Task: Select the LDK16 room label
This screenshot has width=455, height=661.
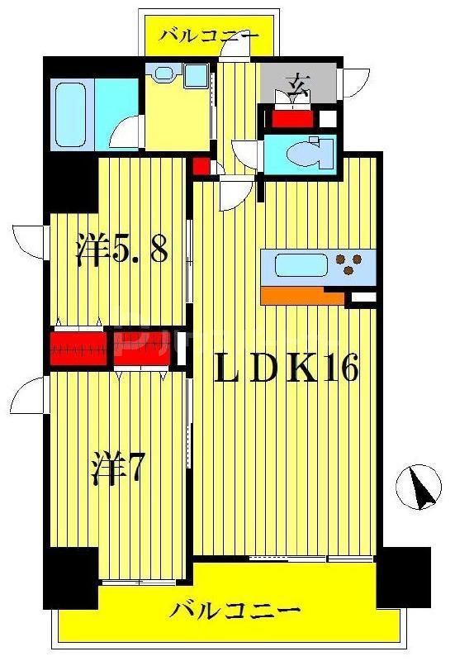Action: pos(287,369)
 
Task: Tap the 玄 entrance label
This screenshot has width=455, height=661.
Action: pos(298,83)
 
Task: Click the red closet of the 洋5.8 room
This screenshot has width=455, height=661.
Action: pos(78,347)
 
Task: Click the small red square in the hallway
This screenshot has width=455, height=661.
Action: pos(201,164)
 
